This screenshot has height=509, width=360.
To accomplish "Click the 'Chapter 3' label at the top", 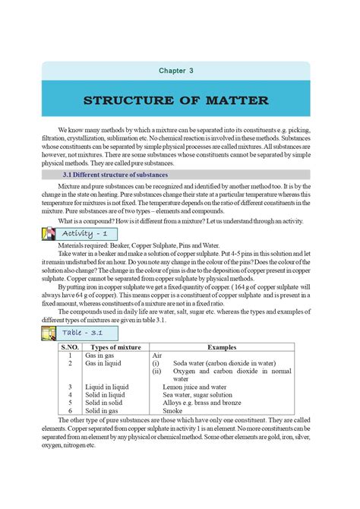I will click(x=176, y=71).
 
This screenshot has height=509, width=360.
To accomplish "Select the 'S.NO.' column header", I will click(x=69, y=346).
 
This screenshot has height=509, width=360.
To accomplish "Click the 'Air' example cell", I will click(x=157, y=355).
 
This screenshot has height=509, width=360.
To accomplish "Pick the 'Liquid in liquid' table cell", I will click(x=107, y=387).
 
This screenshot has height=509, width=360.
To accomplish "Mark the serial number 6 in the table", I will click(x=69, y=410).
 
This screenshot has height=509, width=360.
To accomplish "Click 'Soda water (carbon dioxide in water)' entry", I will click(x=224, y=363).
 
